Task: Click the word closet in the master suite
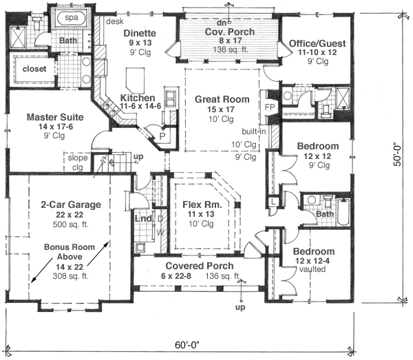click(34, 70)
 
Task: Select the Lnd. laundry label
click(144, 218)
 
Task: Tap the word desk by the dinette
click(114, 21)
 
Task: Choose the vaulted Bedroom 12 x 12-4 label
click(313, 251)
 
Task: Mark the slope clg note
click(78, 162)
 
